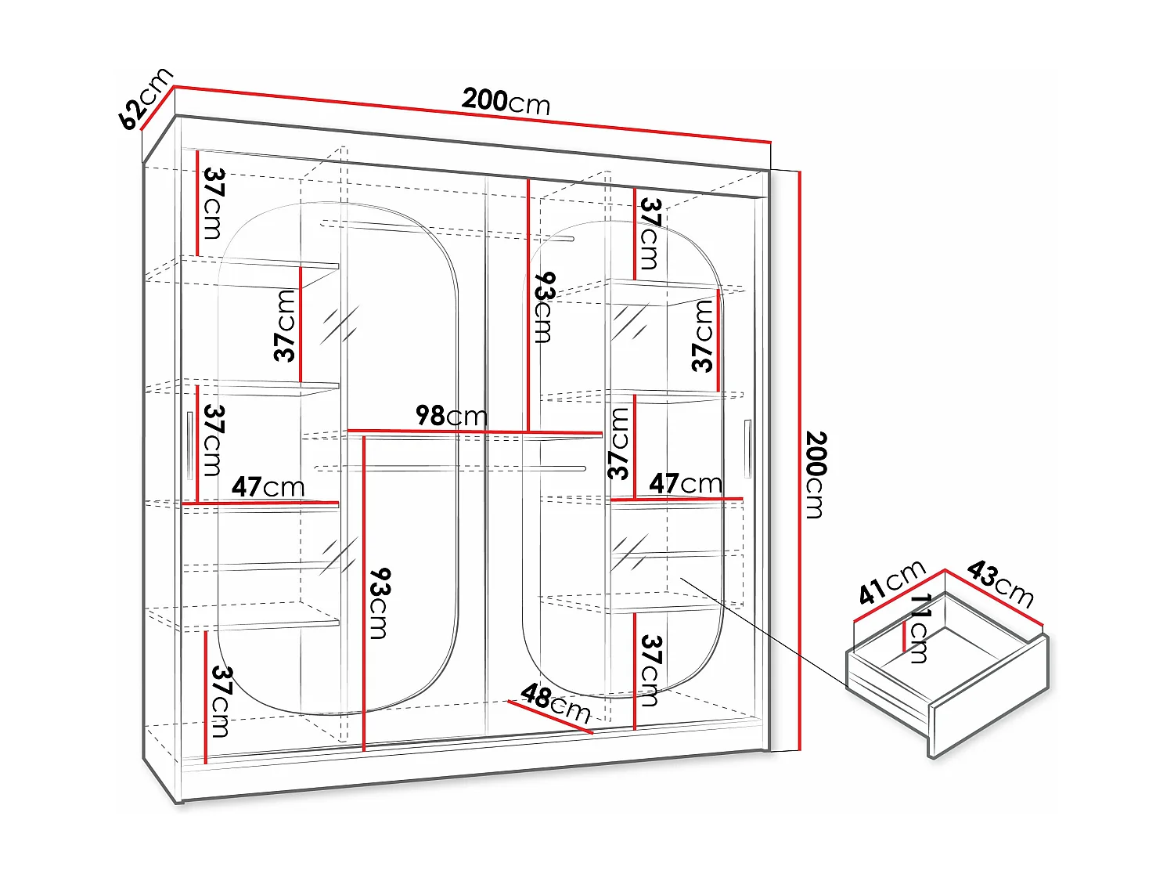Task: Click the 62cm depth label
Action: point(146,99)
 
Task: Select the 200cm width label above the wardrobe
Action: point(506,101)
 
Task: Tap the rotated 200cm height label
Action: point(815,475)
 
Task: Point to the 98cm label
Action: point(451,415)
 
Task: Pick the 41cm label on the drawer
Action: point(891,583)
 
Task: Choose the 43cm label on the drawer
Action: point(1000,583)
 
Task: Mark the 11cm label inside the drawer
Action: point(920,628)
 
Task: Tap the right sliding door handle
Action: point(747,449)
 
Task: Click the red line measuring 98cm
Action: point(474,431)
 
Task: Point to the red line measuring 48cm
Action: point(550,717)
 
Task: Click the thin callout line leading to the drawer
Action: point(763,634)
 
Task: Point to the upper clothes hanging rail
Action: point(446,228)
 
